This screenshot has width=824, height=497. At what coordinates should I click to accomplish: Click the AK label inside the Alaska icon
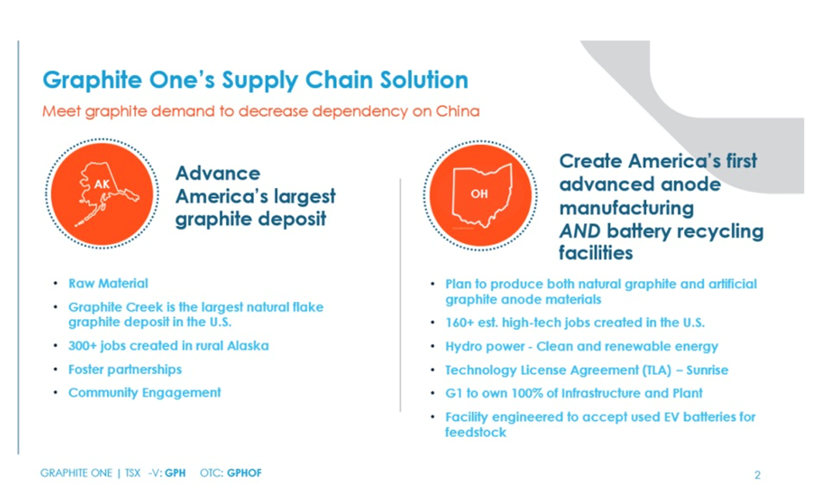click(x=102, y=184)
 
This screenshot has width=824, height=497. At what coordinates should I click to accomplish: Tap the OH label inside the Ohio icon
click(x=479, y=194)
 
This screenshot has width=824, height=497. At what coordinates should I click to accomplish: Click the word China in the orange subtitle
click(x=458, y=111)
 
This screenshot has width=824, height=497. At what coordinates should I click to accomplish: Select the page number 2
click(x=757, y=475)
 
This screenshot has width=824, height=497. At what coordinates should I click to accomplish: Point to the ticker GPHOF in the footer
click(x=244, y=473)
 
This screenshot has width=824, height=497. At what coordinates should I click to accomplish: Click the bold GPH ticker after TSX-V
click(x=175, y=473)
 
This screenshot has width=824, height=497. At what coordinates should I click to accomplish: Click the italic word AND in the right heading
click(x=580, y=231)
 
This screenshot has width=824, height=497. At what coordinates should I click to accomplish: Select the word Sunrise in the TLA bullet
click(x=707, y=370)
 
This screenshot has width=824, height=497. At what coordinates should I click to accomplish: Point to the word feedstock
click(x=475, y=432)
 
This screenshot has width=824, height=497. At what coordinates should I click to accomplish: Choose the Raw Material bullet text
click(x=108, y=284)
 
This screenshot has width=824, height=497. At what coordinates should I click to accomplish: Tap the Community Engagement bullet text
click(x=144, y=392)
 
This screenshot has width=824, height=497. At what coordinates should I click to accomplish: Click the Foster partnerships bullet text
click(x=125, y=370)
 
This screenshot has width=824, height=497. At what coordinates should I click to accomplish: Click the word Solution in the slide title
click(x=424, y=80)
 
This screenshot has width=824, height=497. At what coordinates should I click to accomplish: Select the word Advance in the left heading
click(x=218, y=173)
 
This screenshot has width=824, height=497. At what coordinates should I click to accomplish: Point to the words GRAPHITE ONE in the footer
click(x=76, y=473)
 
